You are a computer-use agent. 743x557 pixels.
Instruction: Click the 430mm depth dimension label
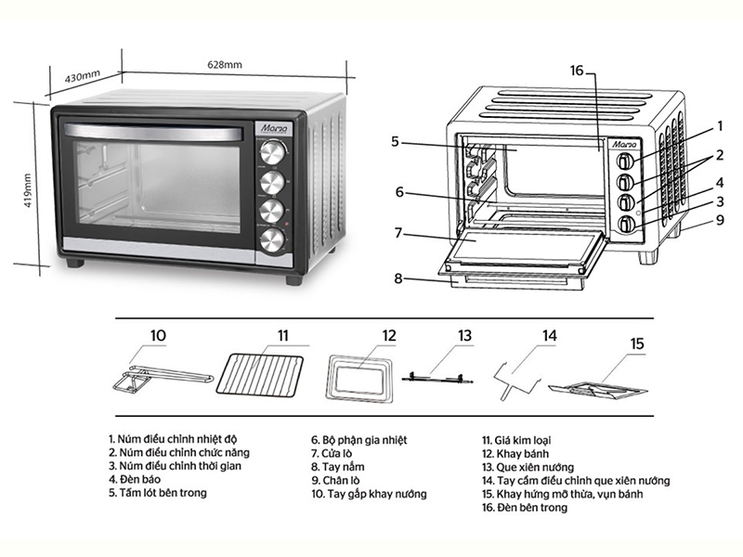[x=81, y=74]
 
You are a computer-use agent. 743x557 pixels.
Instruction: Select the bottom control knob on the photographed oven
[x=272, y=240]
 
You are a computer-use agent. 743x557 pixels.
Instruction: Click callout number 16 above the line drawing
[x=577, y=71]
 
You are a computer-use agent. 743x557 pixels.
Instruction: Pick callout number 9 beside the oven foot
[x=720, y=220]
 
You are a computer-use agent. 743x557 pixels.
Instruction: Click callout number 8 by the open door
[x=398, y=277]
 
